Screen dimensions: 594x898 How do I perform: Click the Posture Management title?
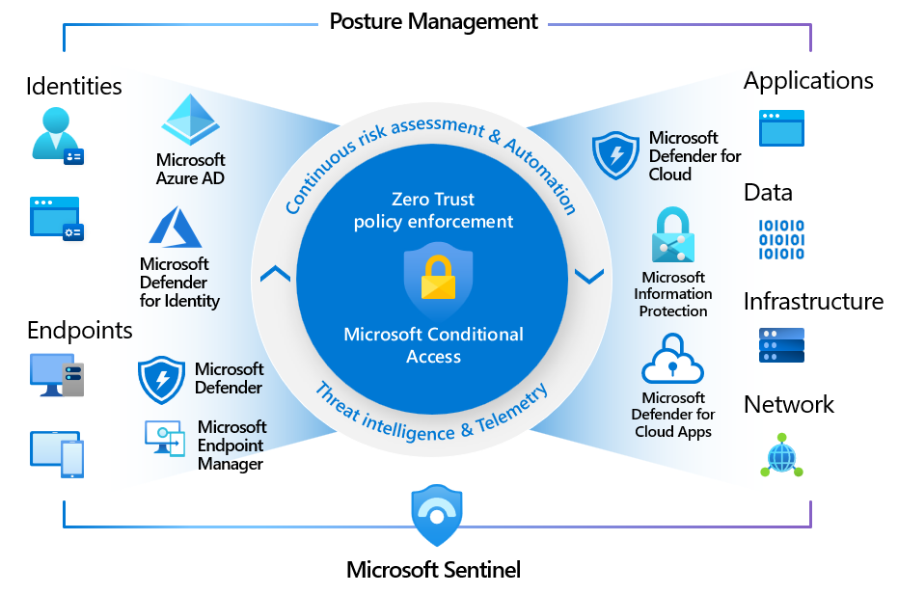(x=434, y=21)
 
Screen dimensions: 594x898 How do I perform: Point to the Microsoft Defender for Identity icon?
(x=174, y=228)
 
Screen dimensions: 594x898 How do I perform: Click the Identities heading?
(x=74, y=86)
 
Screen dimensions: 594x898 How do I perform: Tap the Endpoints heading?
(x=80, y=331)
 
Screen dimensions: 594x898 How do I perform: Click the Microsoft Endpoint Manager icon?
(x=165, y=439)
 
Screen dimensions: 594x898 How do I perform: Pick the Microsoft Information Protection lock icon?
(x=672, y=235)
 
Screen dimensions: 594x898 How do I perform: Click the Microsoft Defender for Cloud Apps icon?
(x=673, y=360)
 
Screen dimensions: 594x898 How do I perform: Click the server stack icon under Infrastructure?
(x=781, y=344)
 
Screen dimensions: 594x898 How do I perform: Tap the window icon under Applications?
(x=781, y=127)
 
